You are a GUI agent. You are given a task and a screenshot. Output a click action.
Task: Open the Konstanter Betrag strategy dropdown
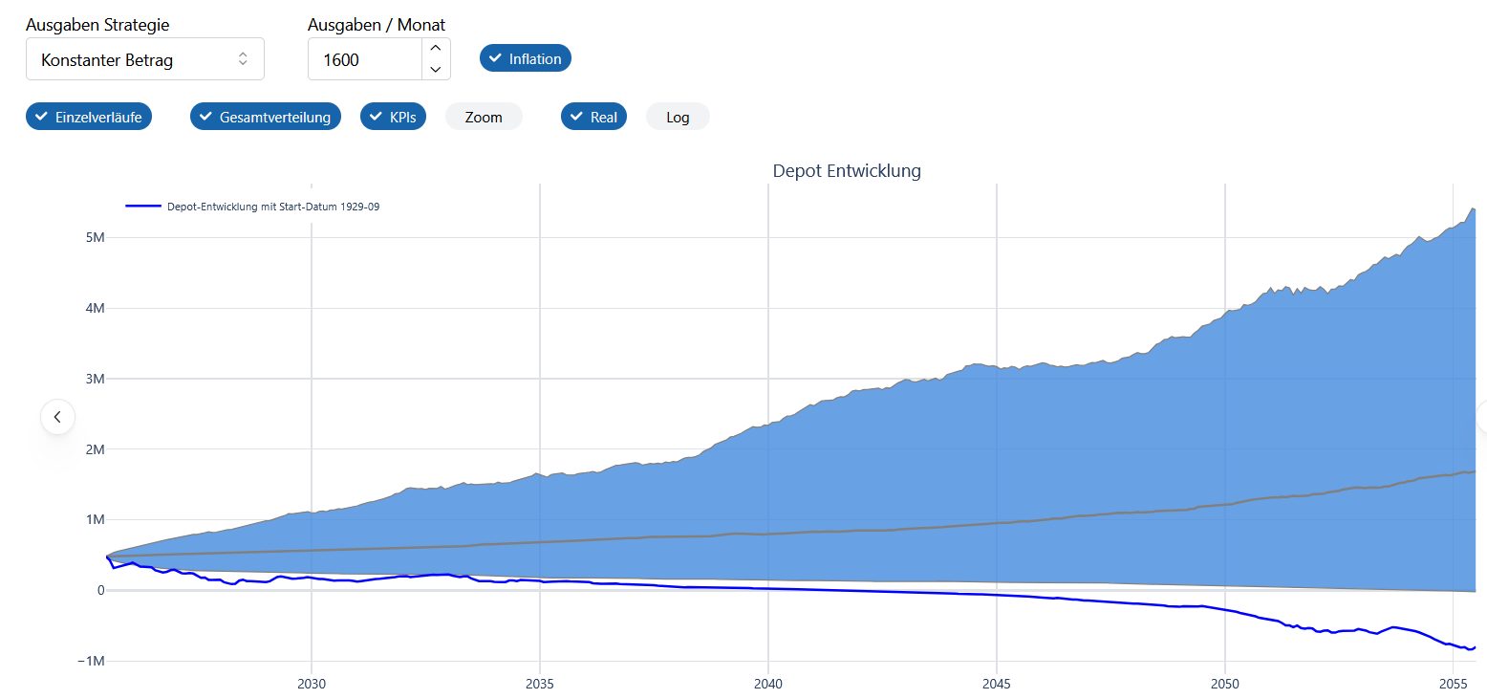point(144,59)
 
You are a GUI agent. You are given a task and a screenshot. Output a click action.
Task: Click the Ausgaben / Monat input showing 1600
point(364,59)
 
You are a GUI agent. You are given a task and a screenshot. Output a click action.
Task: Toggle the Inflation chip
point(525,58)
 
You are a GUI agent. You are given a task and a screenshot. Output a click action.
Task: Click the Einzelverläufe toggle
point(89,117)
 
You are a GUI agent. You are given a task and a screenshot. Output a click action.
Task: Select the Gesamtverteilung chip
point(266,117)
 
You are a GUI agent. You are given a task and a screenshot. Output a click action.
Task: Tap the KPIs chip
point(393,117)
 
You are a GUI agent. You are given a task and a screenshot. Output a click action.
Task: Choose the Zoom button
point(484,117)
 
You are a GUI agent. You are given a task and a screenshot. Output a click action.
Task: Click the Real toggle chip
point(593,117)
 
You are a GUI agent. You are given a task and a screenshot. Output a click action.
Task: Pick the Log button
point(678,117)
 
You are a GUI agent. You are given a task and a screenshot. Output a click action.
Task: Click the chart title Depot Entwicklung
point(847,171)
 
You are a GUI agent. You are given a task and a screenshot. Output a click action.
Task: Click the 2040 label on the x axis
point(768,684)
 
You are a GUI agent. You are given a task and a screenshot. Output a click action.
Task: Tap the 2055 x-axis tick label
point(1453,684)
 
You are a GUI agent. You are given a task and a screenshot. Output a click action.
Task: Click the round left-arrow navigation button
point(57,417)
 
